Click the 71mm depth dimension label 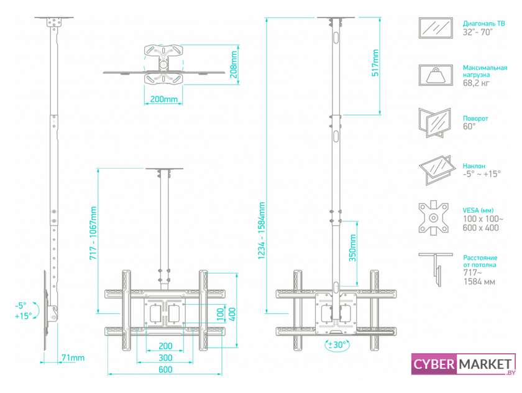coord(73,358)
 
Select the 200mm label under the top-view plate coord(164,99)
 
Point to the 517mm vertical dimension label coord(375,63)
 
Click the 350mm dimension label coord(353,248)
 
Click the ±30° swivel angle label coord(337,344)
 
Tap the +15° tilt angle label coord(23,316)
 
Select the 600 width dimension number coord(165,369)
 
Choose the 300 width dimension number coord(165,358)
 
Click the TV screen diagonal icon coord(436,29)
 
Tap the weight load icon coord(436,75)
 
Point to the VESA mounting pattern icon coord(436,218)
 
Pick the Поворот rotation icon coord(436,123)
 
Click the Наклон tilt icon coord(436,170)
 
